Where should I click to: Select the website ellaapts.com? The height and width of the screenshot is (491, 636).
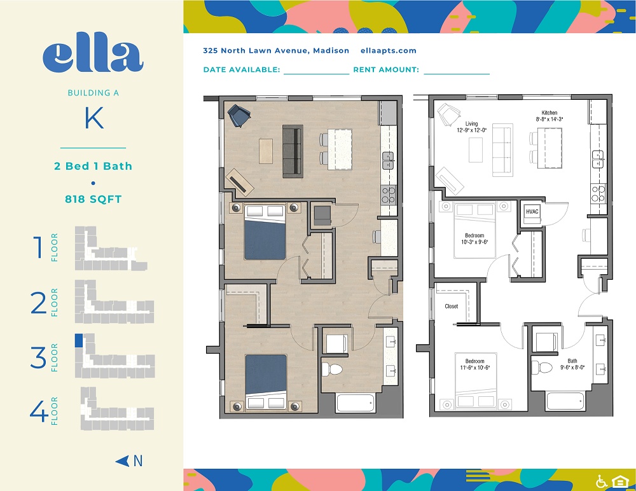coord(388,51)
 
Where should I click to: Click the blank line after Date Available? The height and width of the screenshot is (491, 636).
coord(316,74)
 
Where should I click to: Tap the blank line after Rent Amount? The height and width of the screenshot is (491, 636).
coord(457,74)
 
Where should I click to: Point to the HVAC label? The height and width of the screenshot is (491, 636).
coord(532,211)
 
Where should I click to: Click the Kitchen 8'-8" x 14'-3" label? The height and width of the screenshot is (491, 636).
coord(550,116)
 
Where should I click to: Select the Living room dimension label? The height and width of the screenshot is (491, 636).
coord(471,127)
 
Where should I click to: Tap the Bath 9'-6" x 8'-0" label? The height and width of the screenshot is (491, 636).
coord(572,364)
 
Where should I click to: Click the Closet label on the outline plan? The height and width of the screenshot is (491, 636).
coord(451,307)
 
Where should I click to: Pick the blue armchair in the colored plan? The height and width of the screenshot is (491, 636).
coord(238,115)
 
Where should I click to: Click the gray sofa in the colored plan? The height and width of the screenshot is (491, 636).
coord(293,151)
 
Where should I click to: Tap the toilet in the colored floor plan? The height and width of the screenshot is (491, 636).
coord(331,370)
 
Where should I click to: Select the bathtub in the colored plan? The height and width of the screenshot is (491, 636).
coord(356,403)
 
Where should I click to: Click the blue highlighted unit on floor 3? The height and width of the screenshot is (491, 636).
coord(79,340)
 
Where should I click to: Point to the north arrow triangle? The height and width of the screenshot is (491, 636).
coord(122,461)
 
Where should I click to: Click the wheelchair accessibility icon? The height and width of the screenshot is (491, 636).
coord(602,481)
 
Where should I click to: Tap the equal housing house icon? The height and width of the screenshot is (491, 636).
coord(619,481)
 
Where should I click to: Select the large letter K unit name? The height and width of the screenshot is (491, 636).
coord(93,118)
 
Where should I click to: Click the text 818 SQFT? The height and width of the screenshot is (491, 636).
coord(93,199)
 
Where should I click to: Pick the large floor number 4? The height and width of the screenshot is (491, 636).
coord(39,411)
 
